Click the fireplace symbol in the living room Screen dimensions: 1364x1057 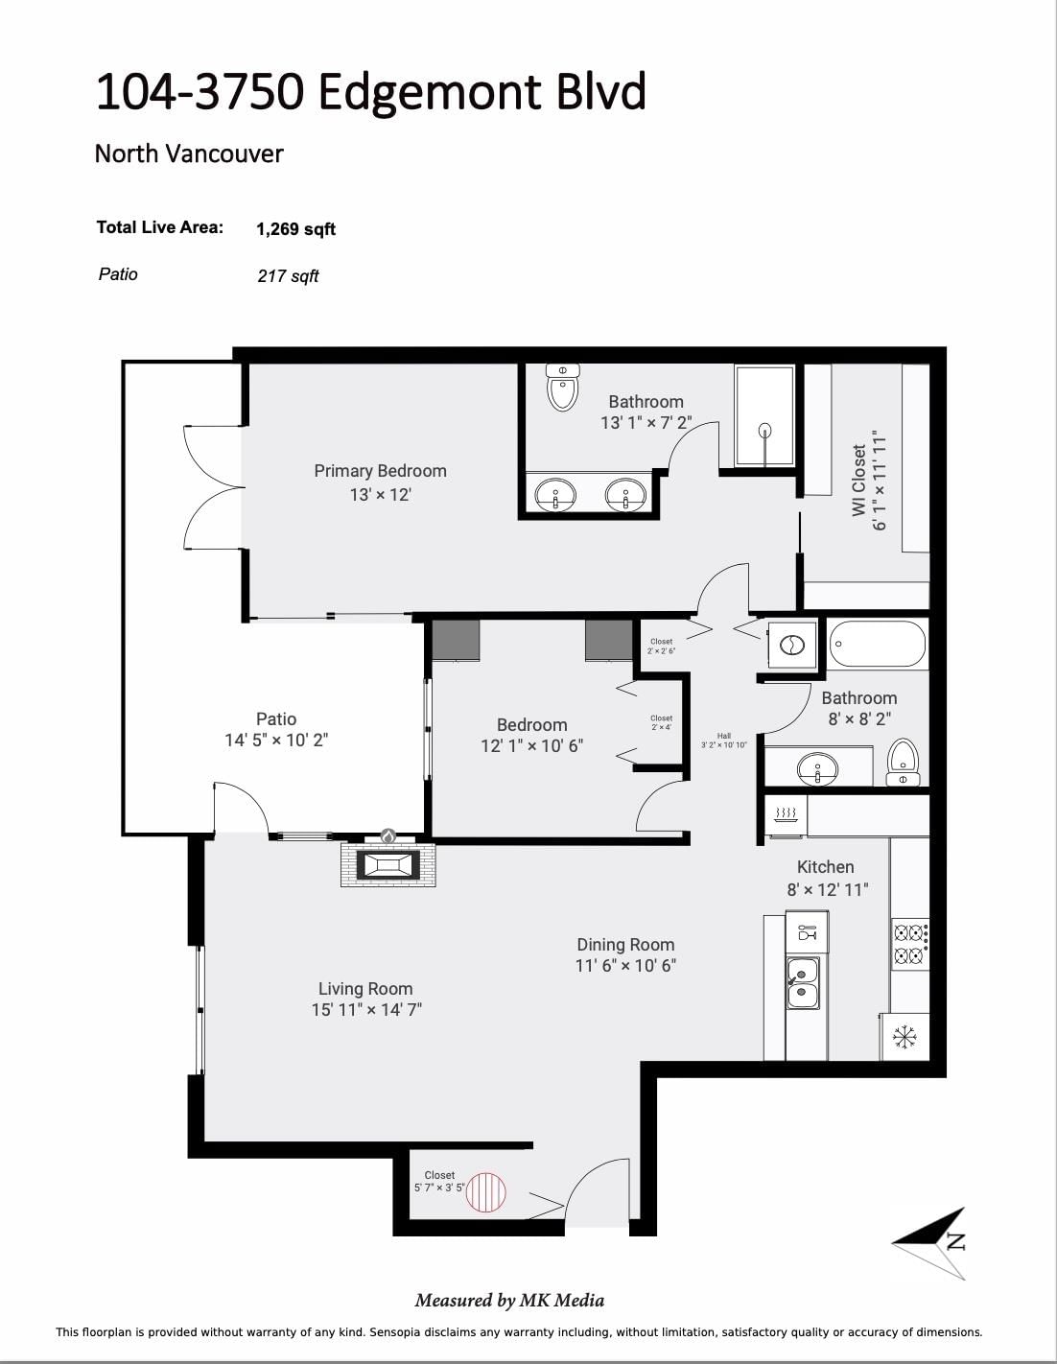(388, 865)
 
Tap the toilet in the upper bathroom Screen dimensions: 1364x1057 (562, 388)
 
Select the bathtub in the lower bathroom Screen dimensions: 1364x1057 (878, 645)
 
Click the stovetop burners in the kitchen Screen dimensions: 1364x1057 (909, 943)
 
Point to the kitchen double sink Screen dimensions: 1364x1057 (803, 983)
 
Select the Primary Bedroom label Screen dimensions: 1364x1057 (380, 471)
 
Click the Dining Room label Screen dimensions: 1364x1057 (625, 945)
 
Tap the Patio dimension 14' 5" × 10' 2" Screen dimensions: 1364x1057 (276, 741)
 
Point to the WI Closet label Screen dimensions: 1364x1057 (859, 480)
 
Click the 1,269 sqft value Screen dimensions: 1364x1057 (295, 229)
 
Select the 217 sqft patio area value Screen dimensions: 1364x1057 (288, 276)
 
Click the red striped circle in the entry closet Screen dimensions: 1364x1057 (485, 1192)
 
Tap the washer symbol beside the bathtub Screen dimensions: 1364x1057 (792, 645)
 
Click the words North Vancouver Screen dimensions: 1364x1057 (189, 153)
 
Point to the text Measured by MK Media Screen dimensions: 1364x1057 (509, 1301)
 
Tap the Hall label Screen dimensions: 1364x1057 (723, 736)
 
